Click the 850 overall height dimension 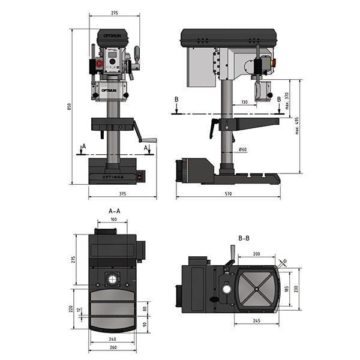(x=70, y=106)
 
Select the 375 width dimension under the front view (x=122, y=194)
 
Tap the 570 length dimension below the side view (x=228, y=194)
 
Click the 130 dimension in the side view (x=244, y=103)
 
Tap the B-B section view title (x=244, y=238)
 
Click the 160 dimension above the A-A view (x=113, y=220)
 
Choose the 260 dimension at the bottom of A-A (x=113, y=347)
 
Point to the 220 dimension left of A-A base (x=71, y=308)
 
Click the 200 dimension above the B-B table (x=256, y=254)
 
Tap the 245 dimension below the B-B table (x=256, y=321)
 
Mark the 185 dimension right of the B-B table (x=286, y=289)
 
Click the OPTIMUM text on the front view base (x=114, y=176)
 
